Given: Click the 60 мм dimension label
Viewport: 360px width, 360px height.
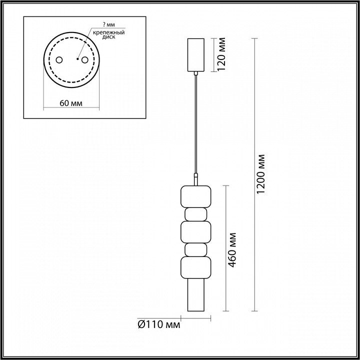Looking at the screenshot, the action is (x=71, y=103).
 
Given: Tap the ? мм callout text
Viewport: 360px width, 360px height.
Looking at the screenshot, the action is (x=109, y=25).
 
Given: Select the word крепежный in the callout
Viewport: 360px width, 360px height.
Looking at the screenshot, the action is (x=108, y=32).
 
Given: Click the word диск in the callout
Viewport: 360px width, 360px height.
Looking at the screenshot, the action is (x=109, y=37).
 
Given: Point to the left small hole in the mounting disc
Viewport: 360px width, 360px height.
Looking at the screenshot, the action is (x=59, y=60).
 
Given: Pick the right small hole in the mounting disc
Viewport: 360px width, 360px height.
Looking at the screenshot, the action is (x=84, y=60).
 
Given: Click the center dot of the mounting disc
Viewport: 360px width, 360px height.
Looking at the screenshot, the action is (x=77, y=59).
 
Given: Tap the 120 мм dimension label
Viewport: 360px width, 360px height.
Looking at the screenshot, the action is (x=221, y=54).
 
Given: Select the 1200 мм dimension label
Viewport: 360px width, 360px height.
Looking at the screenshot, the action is (x=260, y=174).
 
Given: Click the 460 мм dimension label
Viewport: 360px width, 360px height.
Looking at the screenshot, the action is (x=232, y=250).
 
